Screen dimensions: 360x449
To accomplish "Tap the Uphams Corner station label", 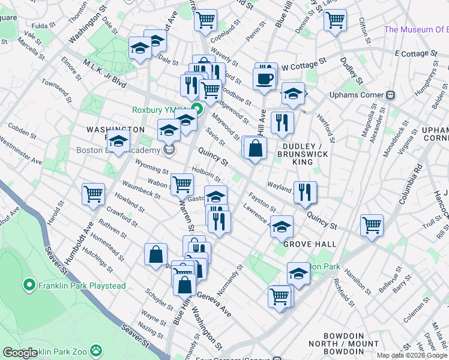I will point(357,95).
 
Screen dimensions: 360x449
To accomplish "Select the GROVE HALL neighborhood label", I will point(309,244).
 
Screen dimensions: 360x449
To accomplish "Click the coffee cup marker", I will point(264,79).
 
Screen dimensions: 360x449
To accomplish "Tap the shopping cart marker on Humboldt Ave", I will point(94,194).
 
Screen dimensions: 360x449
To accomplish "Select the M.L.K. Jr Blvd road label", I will point(105,77).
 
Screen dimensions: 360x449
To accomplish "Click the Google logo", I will point(20,353).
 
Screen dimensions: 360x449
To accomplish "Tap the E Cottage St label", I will point(414,53).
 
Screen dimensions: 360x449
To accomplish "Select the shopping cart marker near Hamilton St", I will point(372,226).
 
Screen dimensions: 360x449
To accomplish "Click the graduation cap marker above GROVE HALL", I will point(282,226).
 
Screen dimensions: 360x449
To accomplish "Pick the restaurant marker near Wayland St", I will point(305,192).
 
